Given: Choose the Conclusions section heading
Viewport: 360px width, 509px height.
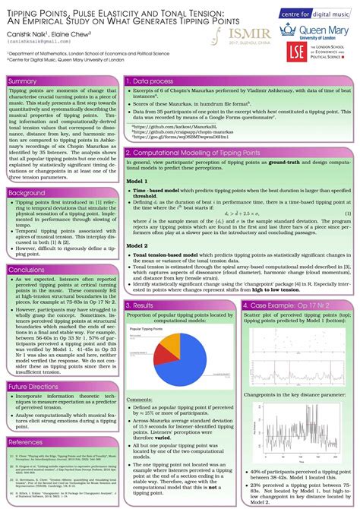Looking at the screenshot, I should [27, 270].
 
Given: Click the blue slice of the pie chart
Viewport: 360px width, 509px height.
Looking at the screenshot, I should [179, 358].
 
